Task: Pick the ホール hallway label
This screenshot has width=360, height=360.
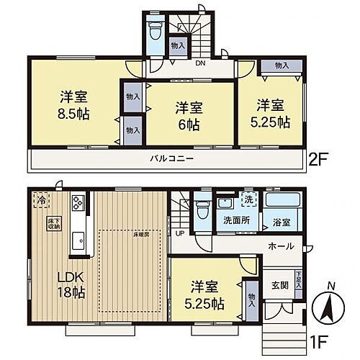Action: [x=280, y=246]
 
